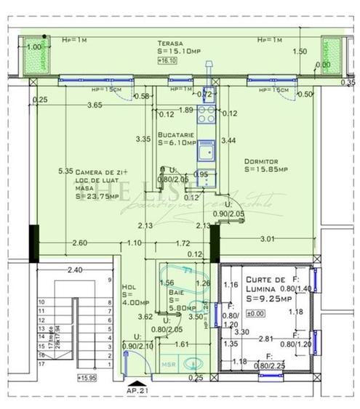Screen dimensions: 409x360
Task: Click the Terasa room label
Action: point(172,44)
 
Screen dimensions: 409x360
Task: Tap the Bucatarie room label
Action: point(177,135)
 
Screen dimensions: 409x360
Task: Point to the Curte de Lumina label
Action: point(265,284)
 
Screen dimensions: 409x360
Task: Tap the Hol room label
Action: point(129,286)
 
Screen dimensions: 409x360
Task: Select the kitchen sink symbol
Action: point(207,151)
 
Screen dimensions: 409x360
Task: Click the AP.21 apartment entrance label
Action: point(139,391)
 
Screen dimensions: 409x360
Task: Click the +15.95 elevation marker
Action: point(87,378)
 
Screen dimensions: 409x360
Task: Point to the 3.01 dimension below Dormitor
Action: point(268,238)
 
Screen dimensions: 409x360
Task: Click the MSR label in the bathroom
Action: point(168,364)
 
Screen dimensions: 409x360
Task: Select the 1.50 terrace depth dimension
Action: point(299,52)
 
